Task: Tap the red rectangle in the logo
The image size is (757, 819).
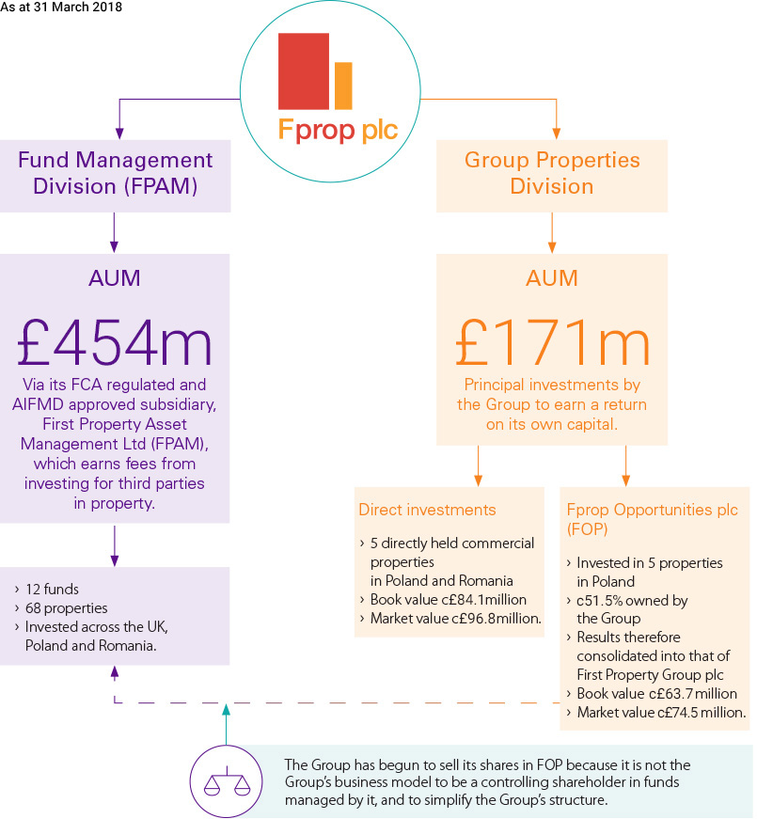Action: click(303, 71)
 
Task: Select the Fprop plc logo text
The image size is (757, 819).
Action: click(338, 129)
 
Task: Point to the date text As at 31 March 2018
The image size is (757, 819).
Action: click(61, 8)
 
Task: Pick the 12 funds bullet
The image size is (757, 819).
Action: click(55, 590)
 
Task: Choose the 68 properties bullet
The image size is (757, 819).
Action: click(68, 607)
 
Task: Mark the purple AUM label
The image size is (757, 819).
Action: click(115, 278)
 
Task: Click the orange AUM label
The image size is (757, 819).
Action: click(551, 278)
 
